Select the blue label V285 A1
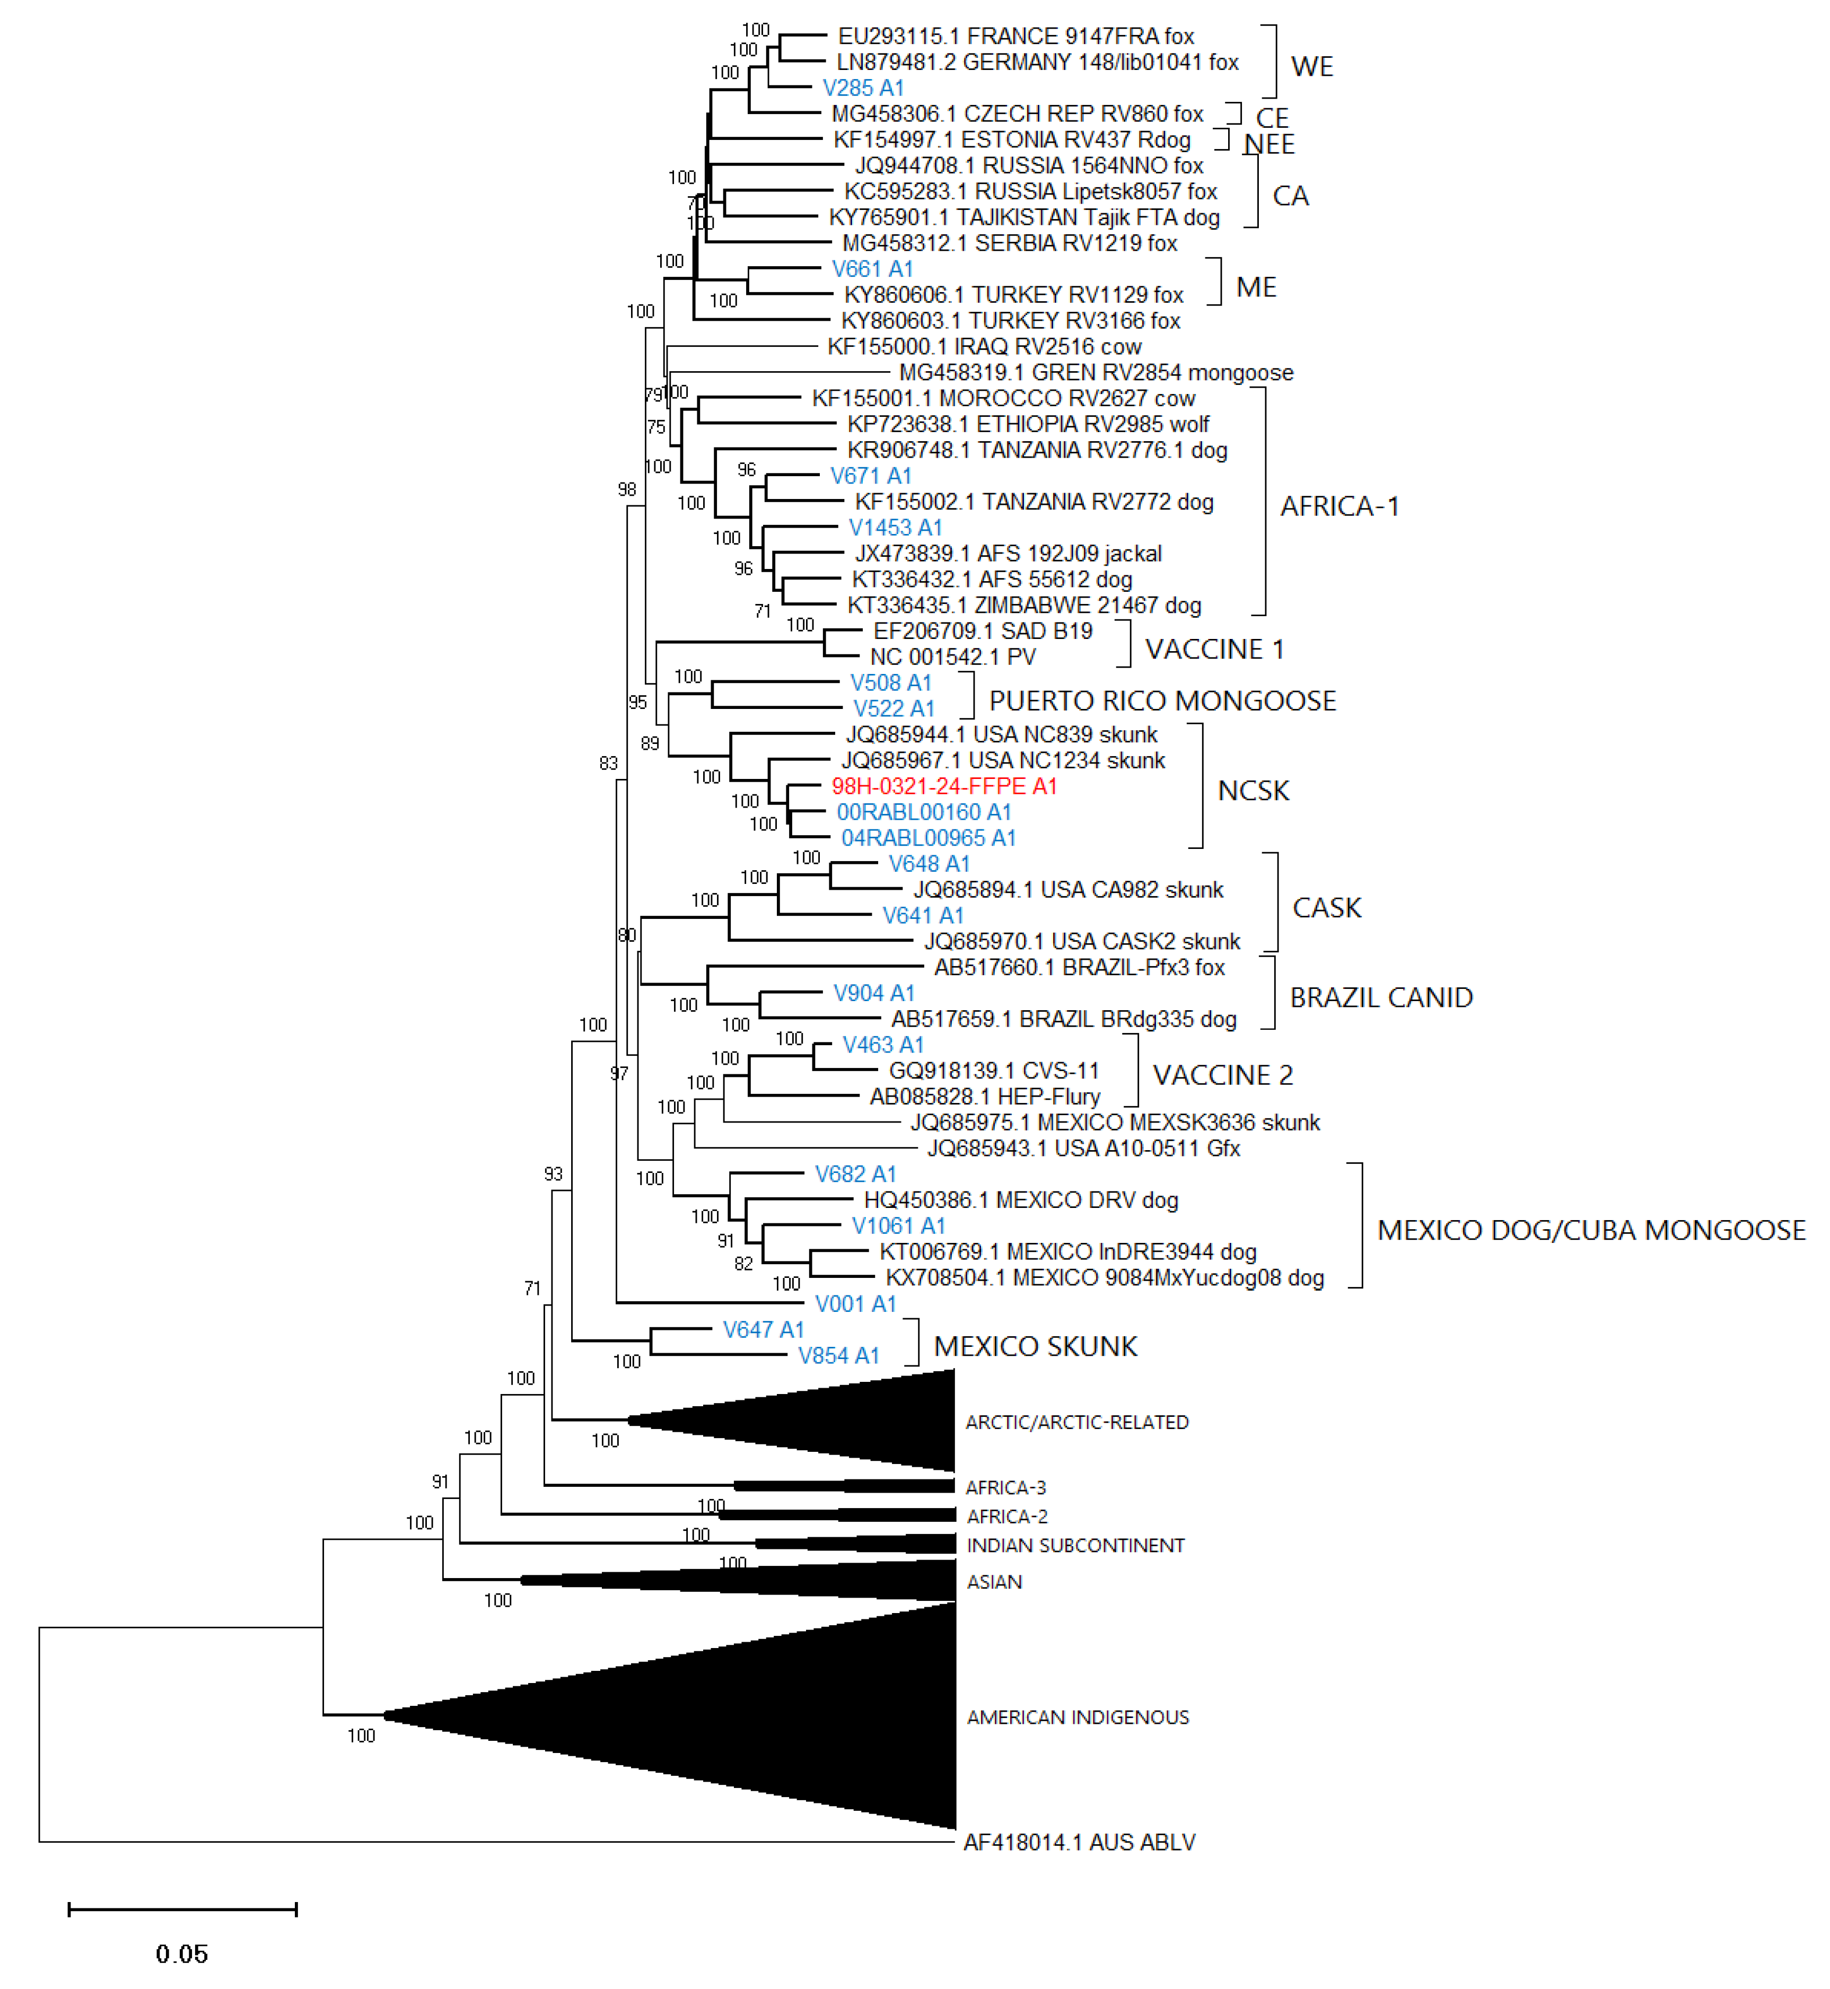[x=863, y=88]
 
